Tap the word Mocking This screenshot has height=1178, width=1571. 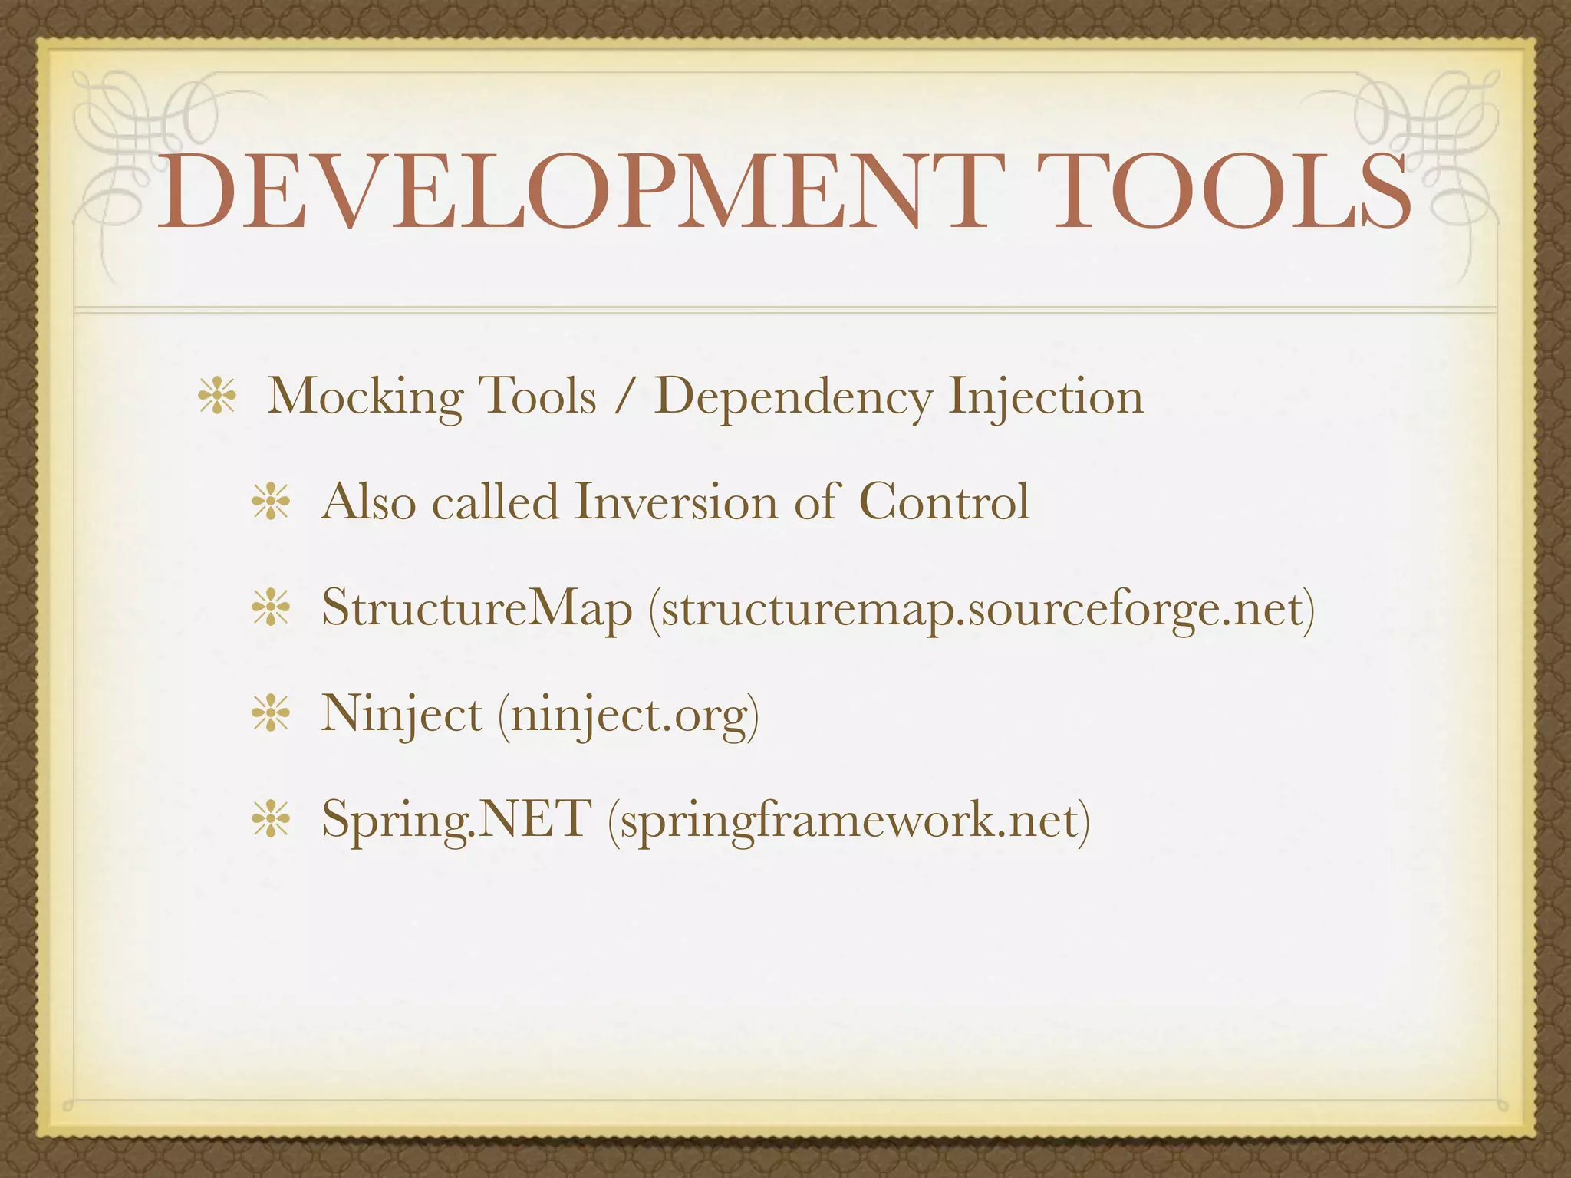tap(365, 398)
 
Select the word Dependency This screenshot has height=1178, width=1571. tap(793, 398)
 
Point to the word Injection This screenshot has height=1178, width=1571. tap(1046, 398)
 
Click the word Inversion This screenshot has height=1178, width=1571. tap(676, 502)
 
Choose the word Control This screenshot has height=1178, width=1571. tap(944, 502)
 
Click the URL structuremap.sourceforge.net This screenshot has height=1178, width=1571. tap(982, 610)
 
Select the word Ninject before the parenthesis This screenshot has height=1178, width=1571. tap(401, 714)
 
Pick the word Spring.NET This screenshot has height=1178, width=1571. tap(456, 820)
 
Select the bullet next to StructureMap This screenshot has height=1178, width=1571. tap(271, 610)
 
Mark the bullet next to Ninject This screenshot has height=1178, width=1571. tap(271, 716)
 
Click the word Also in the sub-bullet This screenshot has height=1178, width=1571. tap(367, 502)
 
